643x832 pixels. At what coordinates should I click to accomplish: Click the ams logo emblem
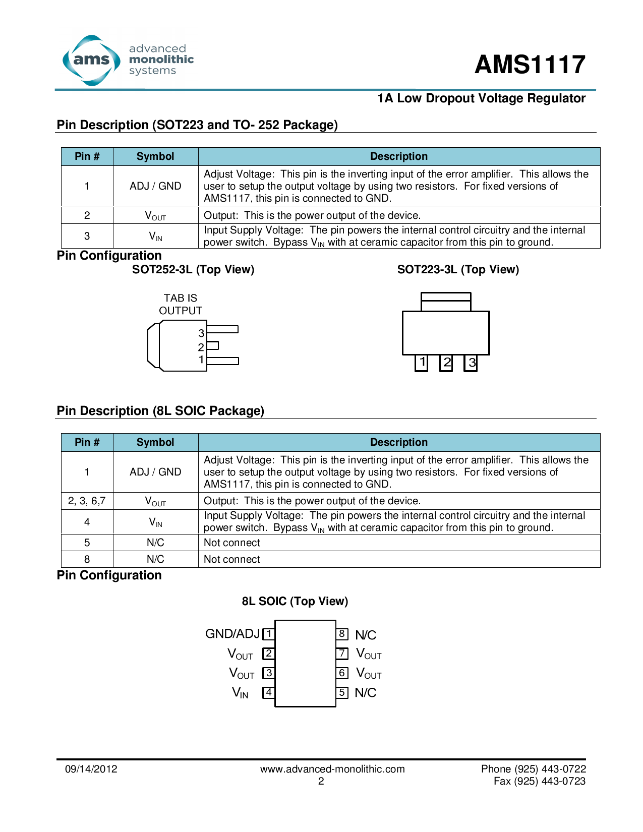click(x=91, y=61)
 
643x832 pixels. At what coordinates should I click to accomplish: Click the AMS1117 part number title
click(x=530, y=65)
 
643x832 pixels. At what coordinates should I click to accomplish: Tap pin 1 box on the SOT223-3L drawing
click(x=422, y=363)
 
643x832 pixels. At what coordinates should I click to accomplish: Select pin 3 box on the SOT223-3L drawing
click(x=471, y=363)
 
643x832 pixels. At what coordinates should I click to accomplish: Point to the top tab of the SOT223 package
click(x=446, y=302)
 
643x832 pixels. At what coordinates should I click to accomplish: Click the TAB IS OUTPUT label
click(x=181, y=304)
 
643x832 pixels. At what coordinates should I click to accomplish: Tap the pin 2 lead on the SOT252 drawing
click(x=213, y=345)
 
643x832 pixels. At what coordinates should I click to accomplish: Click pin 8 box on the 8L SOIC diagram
click(x=342, y=634)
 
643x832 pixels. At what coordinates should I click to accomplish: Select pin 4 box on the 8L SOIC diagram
click(x=269, y=692)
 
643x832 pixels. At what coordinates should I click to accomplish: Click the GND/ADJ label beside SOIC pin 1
click(x=232, y=634)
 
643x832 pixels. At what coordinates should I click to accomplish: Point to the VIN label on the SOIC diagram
click(x=240, y=693)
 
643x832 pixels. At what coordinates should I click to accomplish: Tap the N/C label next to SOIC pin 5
click(x=366, y=693)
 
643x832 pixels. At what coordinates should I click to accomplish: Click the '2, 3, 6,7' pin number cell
click(x=87, y=501)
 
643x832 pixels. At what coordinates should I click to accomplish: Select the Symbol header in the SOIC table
click(x=155, y=442)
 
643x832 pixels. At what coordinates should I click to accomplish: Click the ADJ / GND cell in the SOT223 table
click(x=155, y=186)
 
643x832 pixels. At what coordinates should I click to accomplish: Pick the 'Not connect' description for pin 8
click(x=232, y=559)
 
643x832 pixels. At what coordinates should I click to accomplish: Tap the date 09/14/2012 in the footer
click(x=91, y=769)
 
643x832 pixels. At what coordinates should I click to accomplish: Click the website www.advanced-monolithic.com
click(x=332, y=769)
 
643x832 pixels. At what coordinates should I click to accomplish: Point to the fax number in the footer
click(x=540, y=781)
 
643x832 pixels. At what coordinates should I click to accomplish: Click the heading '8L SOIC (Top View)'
click(x=295, y=601)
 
